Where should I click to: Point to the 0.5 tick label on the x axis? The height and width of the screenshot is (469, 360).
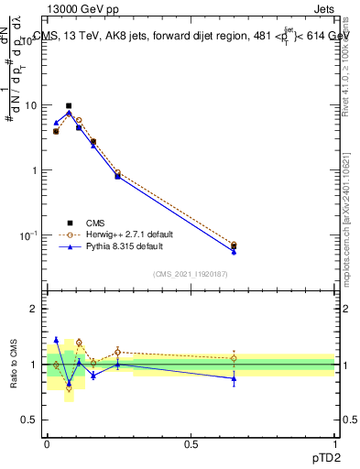[x=191, y=443]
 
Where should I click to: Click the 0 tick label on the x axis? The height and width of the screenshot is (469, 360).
[x=47, y=443]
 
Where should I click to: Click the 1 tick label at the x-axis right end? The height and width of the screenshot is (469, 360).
[x=335, y=443]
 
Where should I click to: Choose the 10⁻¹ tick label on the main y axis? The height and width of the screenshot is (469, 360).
[x=29, y=235]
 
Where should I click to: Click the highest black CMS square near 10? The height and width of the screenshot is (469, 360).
[x=69, y=106]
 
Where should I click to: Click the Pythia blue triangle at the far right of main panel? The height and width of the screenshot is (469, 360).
[x=234, y=251]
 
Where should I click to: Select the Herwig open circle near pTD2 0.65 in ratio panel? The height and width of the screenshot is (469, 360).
[x=234, y=358]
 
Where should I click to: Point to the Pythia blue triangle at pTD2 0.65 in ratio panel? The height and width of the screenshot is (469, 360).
[x=234, y=378]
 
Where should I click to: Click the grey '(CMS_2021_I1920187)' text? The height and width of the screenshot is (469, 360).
[x=191, y=274]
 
